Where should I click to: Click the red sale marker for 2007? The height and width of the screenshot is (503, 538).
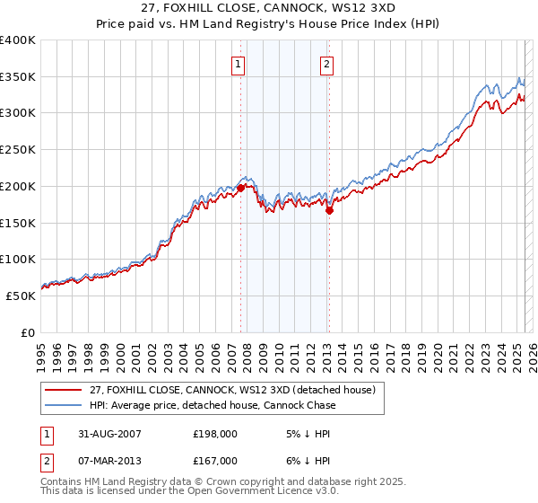point(240,188)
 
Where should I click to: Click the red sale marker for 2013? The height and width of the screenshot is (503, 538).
point(329,211)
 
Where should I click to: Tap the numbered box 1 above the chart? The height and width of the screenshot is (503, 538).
point(239,64)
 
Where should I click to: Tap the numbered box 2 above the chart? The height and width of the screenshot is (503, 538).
point(326,64)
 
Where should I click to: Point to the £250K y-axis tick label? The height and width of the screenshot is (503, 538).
point(19,149)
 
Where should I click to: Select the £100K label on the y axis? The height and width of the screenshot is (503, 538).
point(19,259)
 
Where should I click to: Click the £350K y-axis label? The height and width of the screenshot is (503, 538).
point(19,76)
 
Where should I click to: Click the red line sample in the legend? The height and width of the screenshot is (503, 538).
point(65,389)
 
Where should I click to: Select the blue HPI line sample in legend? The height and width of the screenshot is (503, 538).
point(65,405)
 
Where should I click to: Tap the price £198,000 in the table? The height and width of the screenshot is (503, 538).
point(213,433)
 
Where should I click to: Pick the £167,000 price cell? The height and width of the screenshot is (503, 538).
point(213,463)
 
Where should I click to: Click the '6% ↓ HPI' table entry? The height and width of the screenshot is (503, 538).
point(303,463)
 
